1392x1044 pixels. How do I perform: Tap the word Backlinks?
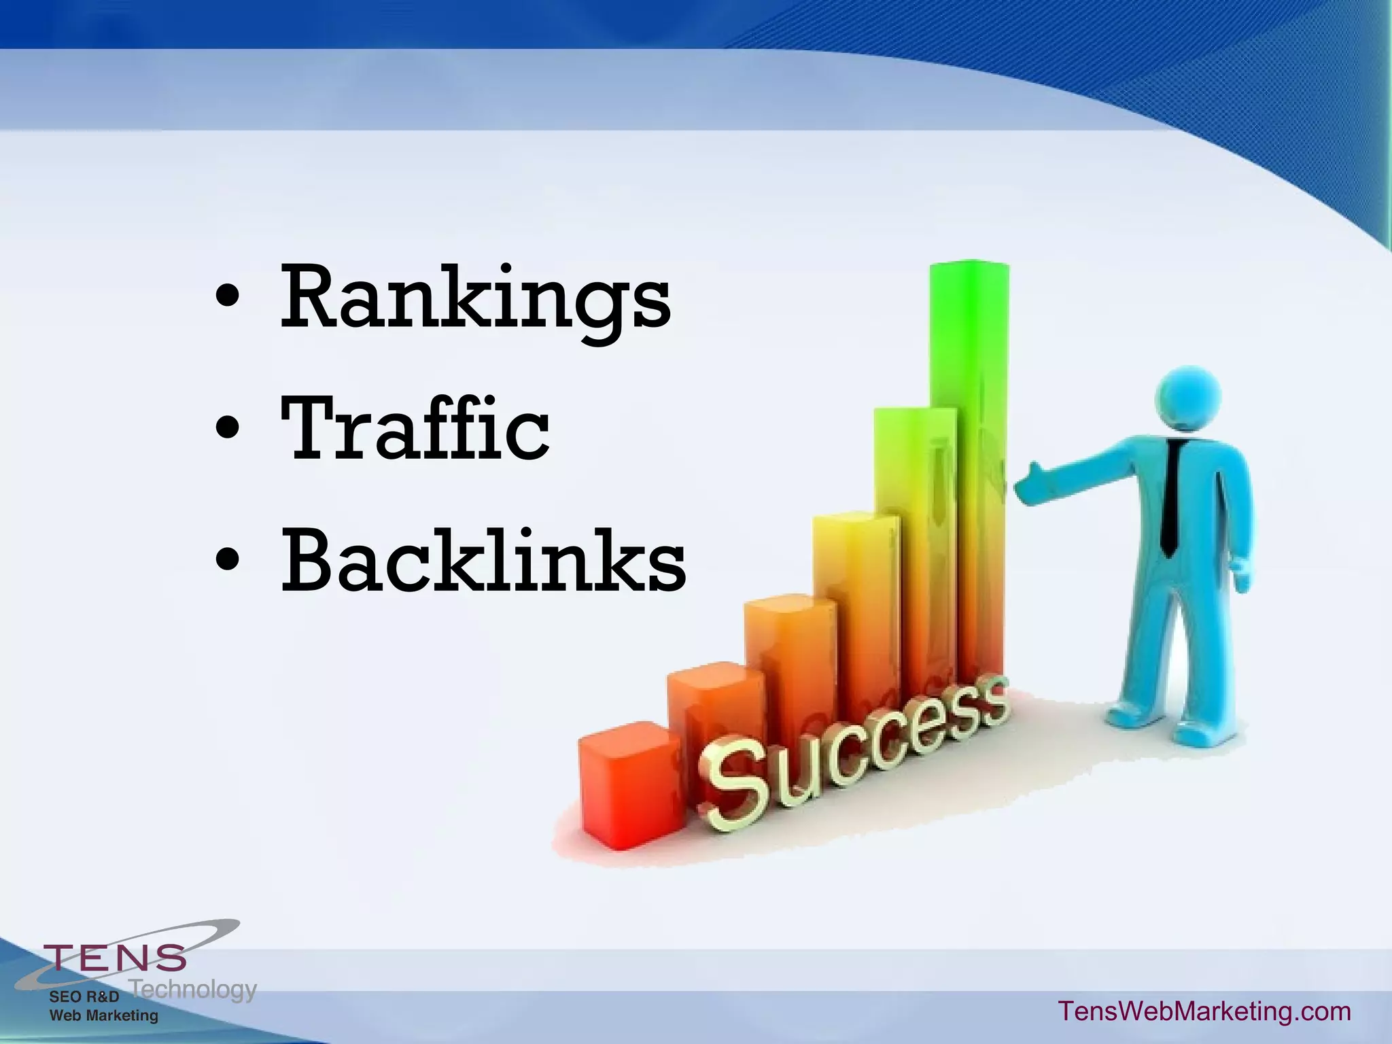[x=483, y=561]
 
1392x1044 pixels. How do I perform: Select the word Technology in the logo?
[x=193, y=989]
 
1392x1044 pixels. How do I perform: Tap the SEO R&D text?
[x=84, y=996]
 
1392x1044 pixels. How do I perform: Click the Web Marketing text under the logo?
[x=103, y=1015]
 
